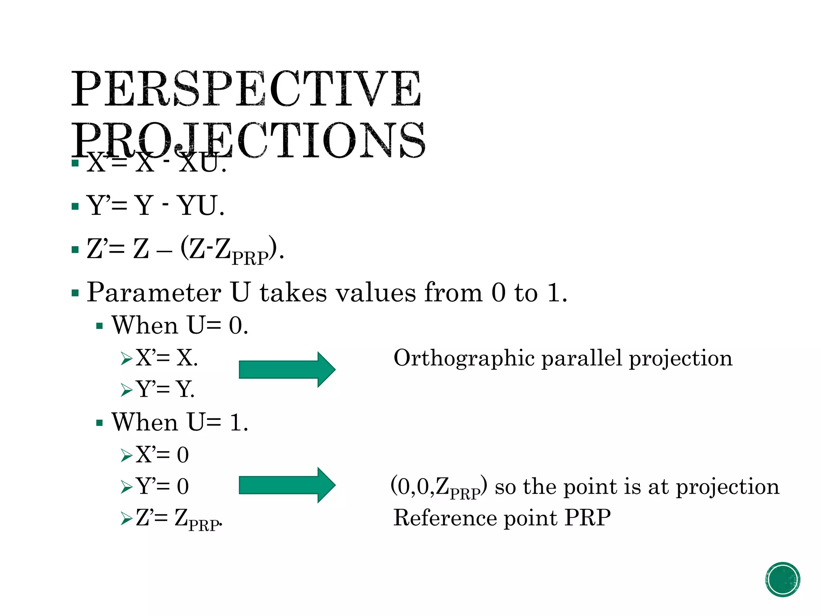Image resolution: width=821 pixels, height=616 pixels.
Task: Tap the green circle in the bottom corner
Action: [782, 579]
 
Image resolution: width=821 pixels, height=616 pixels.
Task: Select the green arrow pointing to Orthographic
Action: [287, 369]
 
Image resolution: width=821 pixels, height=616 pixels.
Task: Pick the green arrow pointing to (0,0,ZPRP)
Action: [287, 485]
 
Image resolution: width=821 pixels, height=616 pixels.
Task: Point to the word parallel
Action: [582, 358]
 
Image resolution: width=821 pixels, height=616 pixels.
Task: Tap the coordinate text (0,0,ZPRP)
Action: [439, 487]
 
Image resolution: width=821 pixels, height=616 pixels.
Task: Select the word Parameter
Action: [154, 292]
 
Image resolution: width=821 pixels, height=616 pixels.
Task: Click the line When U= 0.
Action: [180, 325]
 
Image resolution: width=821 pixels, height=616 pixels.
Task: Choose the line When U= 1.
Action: [180, 422]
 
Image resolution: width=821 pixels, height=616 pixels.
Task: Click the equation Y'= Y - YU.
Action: [156, 206]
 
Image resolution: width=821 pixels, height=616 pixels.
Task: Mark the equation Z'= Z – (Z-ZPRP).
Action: [185, 249]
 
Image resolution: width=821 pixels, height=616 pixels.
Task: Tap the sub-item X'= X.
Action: [167, 357]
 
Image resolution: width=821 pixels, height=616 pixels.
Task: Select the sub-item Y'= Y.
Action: [165, 389]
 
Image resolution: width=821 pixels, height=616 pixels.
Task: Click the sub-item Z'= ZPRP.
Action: [178, 519]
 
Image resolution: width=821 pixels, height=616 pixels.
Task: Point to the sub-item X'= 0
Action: [162, 455]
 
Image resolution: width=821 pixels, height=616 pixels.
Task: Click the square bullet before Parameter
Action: [75, 293]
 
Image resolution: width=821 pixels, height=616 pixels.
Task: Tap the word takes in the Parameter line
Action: [293, 292]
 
